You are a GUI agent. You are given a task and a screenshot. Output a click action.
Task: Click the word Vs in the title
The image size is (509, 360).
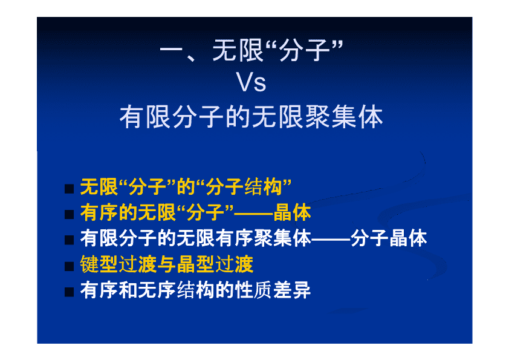251,82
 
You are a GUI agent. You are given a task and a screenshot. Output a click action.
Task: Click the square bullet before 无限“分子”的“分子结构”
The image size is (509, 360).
69,189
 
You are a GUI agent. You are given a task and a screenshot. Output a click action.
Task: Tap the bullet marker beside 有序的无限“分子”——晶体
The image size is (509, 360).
69,214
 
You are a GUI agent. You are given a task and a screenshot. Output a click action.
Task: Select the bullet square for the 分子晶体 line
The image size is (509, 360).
69,240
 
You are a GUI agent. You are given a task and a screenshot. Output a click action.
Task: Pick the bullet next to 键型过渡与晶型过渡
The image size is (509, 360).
69,266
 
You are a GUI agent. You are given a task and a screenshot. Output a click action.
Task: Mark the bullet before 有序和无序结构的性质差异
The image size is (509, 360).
69,292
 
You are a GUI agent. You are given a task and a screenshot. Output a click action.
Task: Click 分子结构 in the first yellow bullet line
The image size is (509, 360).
244,187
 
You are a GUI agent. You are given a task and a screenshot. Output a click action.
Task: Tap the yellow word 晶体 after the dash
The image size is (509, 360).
292,212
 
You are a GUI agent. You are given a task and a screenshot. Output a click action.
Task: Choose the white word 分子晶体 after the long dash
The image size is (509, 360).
389,238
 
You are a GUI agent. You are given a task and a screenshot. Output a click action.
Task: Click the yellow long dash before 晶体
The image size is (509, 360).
253,214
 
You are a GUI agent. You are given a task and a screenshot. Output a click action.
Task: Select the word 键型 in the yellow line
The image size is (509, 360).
99,264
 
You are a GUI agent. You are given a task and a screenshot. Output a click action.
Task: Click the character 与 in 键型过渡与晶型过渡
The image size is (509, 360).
167,264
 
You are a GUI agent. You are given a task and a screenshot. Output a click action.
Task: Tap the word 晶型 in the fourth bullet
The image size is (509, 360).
195,264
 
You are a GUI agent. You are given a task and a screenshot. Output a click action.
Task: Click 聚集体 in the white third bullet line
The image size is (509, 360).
282,238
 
